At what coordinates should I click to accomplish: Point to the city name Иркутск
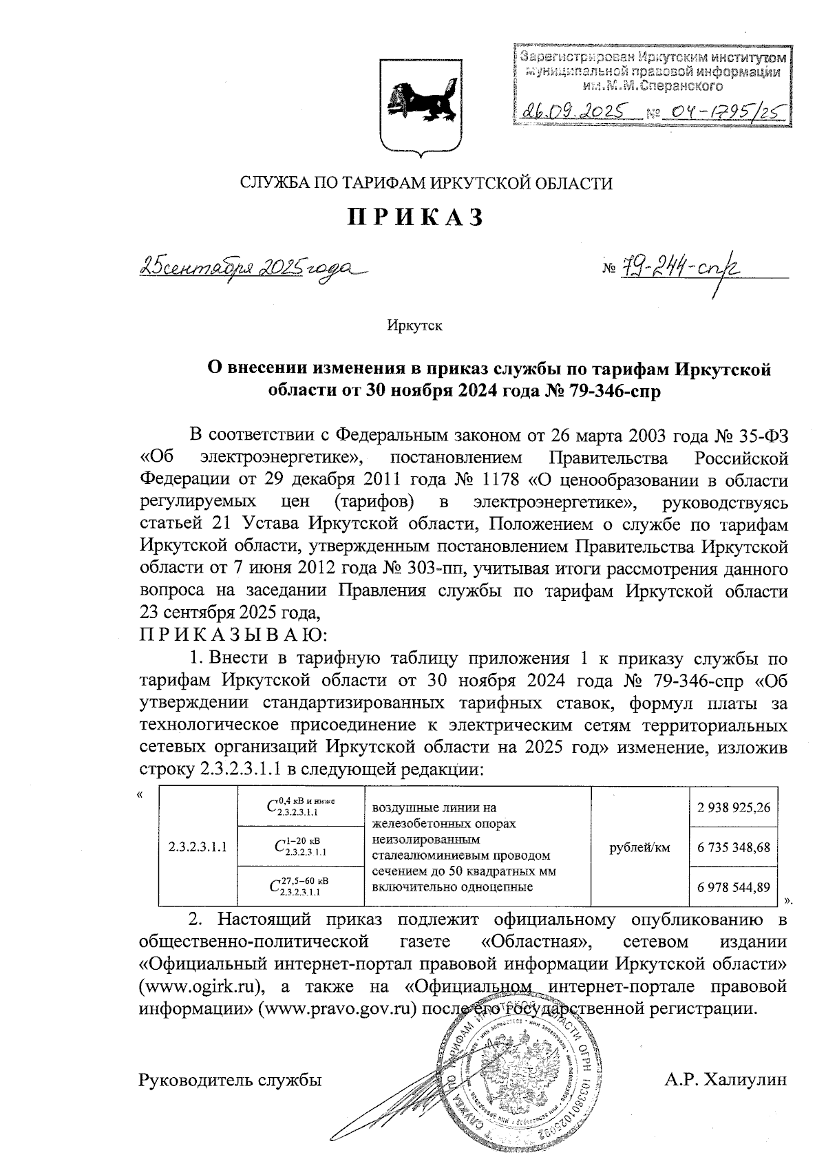coord(414,326)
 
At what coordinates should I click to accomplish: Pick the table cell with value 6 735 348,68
coord(733,847)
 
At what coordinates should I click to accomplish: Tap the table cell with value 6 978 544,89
coord(733,887)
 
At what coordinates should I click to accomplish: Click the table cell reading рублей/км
coord(640,847)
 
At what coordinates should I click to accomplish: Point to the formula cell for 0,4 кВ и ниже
coord(300,807)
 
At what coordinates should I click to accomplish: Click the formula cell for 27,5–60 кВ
coord(300,886)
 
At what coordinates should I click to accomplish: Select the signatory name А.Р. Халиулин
coord(725,1080)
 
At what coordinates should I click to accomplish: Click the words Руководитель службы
coord(231,1080)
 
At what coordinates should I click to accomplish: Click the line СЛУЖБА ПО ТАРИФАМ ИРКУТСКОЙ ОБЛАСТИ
coord(425,183)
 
